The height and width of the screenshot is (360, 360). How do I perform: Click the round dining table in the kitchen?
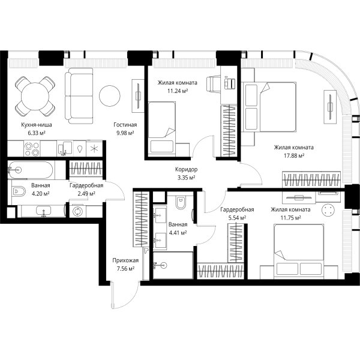click(x=35, y=97)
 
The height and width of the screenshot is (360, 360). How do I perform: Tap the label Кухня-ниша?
click(x=37, y=125)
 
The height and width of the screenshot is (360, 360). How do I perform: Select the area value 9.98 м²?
click(x=125, y=133)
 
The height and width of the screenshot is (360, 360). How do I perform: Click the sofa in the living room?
click(x=79, y=96)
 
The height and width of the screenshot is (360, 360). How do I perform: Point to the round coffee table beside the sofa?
click(x=110, y=96)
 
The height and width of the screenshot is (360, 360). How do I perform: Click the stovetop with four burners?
click(x=32, y=149)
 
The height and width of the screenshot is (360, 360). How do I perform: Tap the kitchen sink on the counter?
click(x=65, y=149)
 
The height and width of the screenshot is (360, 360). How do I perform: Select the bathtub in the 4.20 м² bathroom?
click(x=31, y=170)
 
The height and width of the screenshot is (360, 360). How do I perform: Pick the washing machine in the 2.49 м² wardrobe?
click(x=77, y=211)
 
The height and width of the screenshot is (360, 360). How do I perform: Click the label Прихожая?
click(x=125, y=260)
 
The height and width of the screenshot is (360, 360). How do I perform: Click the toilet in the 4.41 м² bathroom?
click(x=181, y=202)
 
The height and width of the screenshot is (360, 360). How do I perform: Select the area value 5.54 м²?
click(x=237, y=218)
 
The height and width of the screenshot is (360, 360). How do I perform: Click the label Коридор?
click(x=186, y=169)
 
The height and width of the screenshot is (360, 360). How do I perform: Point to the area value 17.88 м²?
click(x=294, y=155)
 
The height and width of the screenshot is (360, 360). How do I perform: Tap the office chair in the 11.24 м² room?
click(x=213, y=83)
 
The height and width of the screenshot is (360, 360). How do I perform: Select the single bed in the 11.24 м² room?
click(x=162, y=129)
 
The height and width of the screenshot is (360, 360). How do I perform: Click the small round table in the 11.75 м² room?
click(x=328, y=210)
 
